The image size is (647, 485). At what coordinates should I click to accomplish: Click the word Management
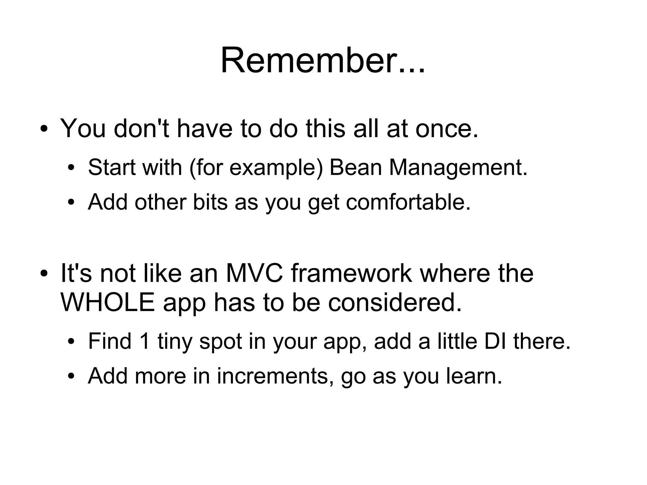(458, 168)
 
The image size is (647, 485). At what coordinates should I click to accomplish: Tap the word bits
(210, 202)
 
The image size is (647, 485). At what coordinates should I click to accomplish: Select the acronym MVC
(255, 273)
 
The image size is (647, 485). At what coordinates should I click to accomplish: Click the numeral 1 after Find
(144, 342)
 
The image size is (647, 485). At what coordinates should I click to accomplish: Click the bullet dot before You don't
(44, 130)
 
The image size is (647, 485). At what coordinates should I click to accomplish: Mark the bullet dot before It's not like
(44, 274)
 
